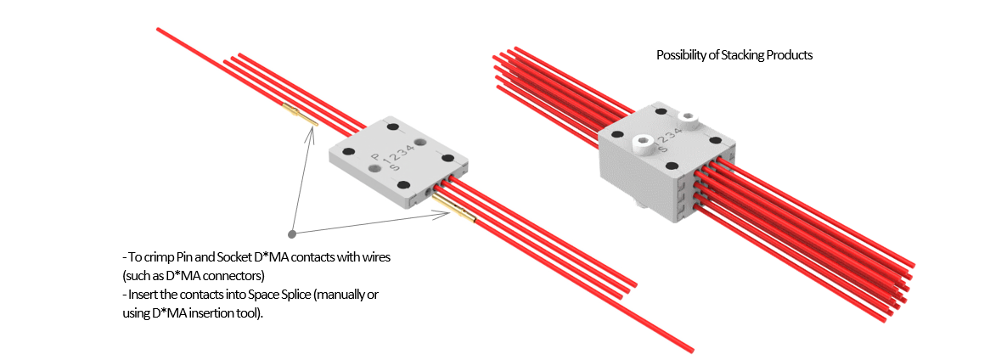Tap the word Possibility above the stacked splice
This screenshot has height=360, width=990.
683,55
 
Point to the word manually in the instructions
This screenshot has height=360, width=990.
329,295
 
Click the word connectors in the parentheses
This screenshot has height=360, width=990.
234,275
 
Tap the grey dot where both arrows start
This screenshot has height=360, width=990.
292,233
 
